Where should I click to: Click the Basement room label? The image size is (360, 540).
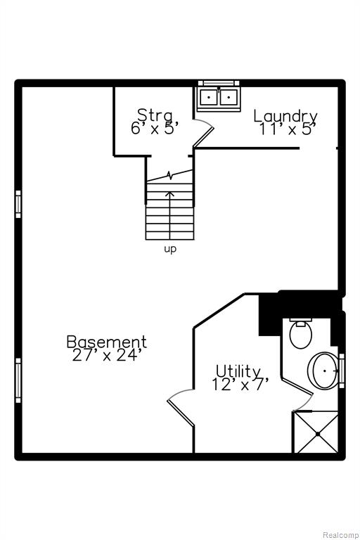pos(106,342)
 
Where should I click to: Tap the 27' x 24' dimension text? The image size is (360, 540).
pos(106,355)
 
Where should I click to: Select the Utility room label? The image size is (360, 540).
pos(238,372)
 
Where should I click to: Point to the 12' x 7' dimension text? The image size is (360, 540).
pos(240,385)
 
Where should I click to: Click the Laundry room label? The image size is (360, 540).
pos(285,117)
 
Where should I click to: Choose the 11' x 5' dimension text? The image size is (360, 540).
pos(288,129)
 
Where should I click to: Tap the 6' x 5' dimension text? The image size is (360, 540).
pos(155,128)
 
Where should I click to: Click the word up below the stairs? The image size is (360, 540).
pos(170,249)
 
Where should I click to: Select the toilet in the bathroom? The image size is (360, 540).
pos(301,334)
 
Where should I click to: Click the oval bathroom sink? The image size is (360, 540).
pos(323,371)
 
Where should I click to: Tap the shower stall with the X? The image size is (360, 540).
pos(315,432)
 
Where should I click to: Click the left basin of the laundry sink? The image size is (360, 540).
pos(208,98)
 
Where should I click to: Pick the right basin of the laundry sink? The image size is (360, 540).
pos(229,98)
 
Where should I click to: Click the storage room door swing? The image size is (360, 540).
pos(203,133)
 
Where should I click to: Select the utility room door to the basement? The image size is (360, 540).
pos(181,408)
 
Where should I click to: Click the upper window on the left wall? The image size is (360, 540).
pos(18,204)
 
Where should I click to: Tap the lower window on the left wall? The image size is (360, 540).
pos(18,380)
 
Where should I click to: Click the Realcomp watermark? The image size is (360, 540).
pos(340,535)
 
